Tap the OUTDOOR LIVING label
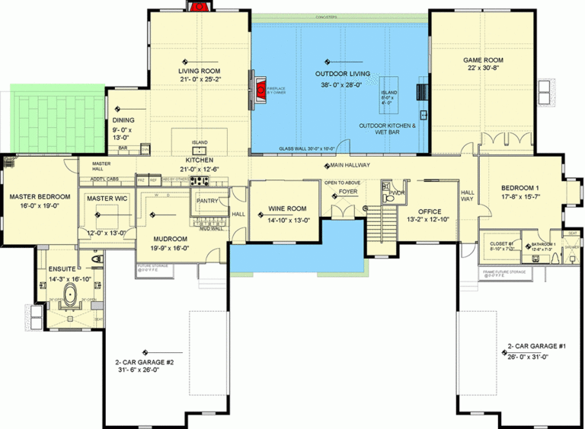343,74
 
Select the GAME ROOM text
484,59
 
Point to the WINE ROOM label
287,208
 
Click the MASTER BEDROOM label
40,196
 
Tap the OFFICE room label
430,211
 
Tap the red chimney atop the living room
200,7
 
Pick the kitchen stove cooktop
200,180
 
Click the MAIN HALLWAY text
350,165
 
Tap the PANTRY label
207,201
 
